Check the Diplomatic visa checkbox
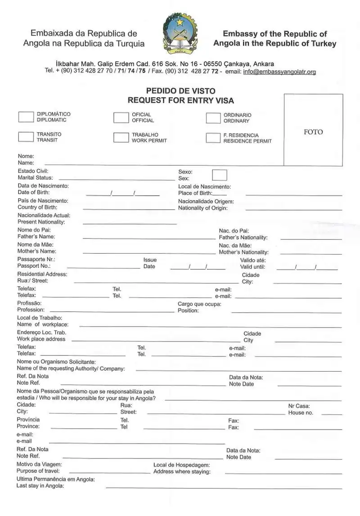pos(26,117)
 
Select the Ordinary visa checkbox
pos(213,118)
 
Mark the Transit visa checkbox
pos(26,137)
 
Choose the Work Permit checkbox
pos(121,138)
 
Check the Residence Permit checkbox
pos(213,138)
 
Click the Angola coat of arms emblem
pos(180,34)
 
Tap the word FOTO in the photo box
pos(313,132)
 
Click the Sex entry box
pos(219,175)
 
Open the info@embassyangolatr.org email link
pos(279,72)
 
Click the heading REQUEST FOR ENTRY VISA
pos(181,100)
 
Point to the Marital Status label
pos(35,178)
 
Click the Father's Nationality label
pos(243,238)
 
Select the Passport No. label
pos(34,266)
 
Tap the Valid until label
pos(252,267)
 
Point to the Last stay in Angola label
pos(40,486)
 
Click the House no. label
pos(301,413)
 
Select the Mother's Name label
pos(37,251)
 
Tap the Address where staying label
pos(182,471)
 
